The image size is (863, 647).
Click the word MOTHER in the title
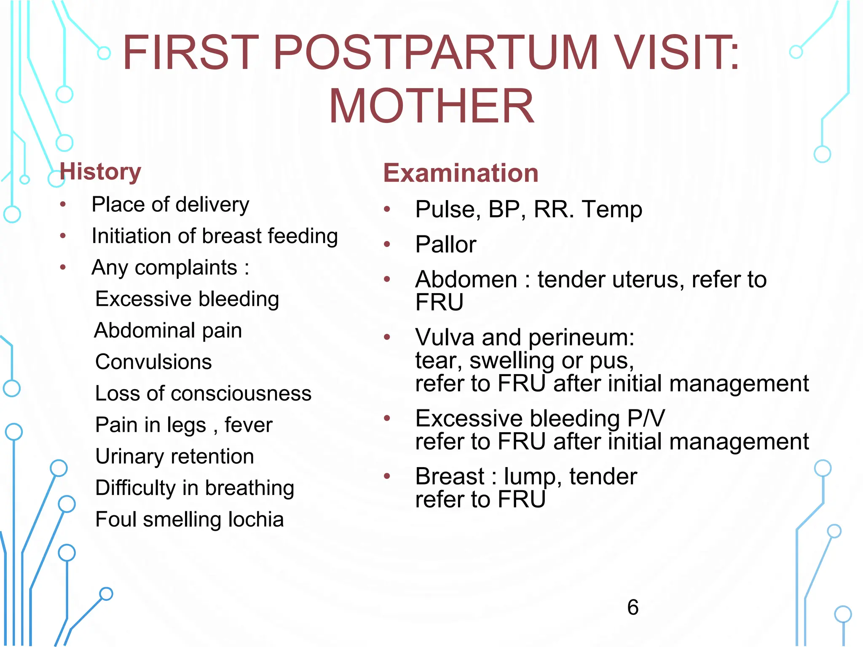(431, 106)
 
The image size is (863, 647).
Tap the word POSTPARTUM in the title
(436, 53)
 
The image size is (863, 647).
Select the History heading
(100, 172)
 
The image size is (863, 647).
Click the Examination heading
(461, 173)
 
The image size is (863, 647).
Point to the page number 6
(633, 607)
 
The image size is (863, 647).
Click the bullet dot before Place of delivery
(63, 205)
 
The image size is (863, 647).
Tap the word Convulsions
(153, 362)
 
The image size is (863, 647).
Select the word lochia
(256, 519)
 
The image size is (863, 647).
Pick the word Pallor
(445, 244)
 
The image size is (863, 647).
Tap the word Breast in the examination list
(450, 476)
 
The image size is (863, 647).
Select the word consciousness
(241, 393)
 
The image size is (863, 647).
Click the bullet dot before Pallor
(387, 244)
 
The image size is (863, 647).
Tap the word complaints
(186, 268)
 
